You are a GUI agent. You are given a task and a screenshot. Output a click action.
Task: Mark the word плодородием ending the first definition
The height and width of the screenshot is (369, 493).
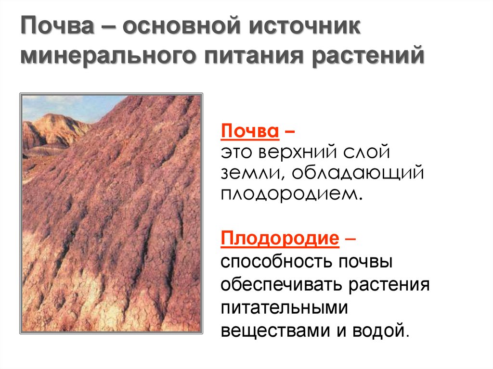click(290, 194)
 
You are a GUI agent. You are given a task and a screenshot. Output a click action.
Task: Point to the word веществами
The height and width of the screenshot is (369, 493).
click(273, 330)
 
